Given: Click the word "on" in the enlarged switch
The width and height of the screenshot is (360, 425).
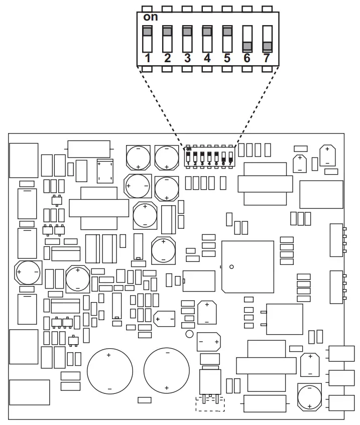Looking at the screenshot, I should [x=151, y=17].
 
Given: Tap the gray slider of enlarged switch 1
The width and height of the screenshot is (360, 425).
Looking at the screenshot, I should [x=148, y=31].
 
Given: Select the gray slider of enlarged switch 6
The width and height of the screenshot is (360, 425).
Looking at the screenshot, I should [x=247, y=46].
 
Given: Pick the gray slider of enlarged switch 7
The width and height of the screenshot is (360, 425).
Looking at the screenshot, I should [x=267, y=46].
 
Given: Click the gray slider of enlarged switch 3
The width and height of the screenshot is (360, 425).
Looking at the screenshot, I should [x=187, y=31].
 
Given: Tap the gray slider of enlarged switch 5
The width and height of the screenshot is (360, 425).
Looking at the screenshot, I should [x=227, y=31].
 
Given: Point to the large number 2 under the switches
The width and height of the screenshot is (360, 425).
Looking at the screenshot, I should [x=167, y=58].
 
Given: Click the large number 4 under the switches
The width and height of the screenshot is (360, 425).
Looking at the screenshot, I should [x=207, y=58].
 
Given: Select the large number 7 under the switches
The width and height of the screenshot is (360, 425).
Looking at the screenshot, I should [x=267, y=58].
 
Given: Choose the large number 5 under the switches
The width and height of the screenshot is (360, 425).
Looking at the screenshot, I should [x=227, y=58].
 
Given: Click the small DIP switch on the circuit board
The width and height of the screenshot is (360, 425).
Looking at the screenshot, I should [x=209, y=157].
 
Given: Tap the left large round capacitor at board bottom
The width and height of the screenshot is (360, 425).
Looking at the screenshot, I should [x=109, y=372].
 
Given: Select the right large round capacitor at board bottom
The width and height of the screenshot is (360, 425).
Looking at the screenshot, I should [x=167, y=372].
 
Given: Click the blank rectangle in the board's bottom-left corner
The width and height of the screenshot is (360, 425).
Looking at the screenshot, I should [x=30, y=392].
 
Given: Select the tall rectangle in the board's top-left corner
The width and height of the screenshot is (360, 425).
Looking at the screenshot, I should [x=24, y=161].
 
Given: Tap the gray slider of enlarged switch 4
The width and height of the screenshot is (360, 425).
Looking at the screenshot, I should [x=207, y=31].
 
